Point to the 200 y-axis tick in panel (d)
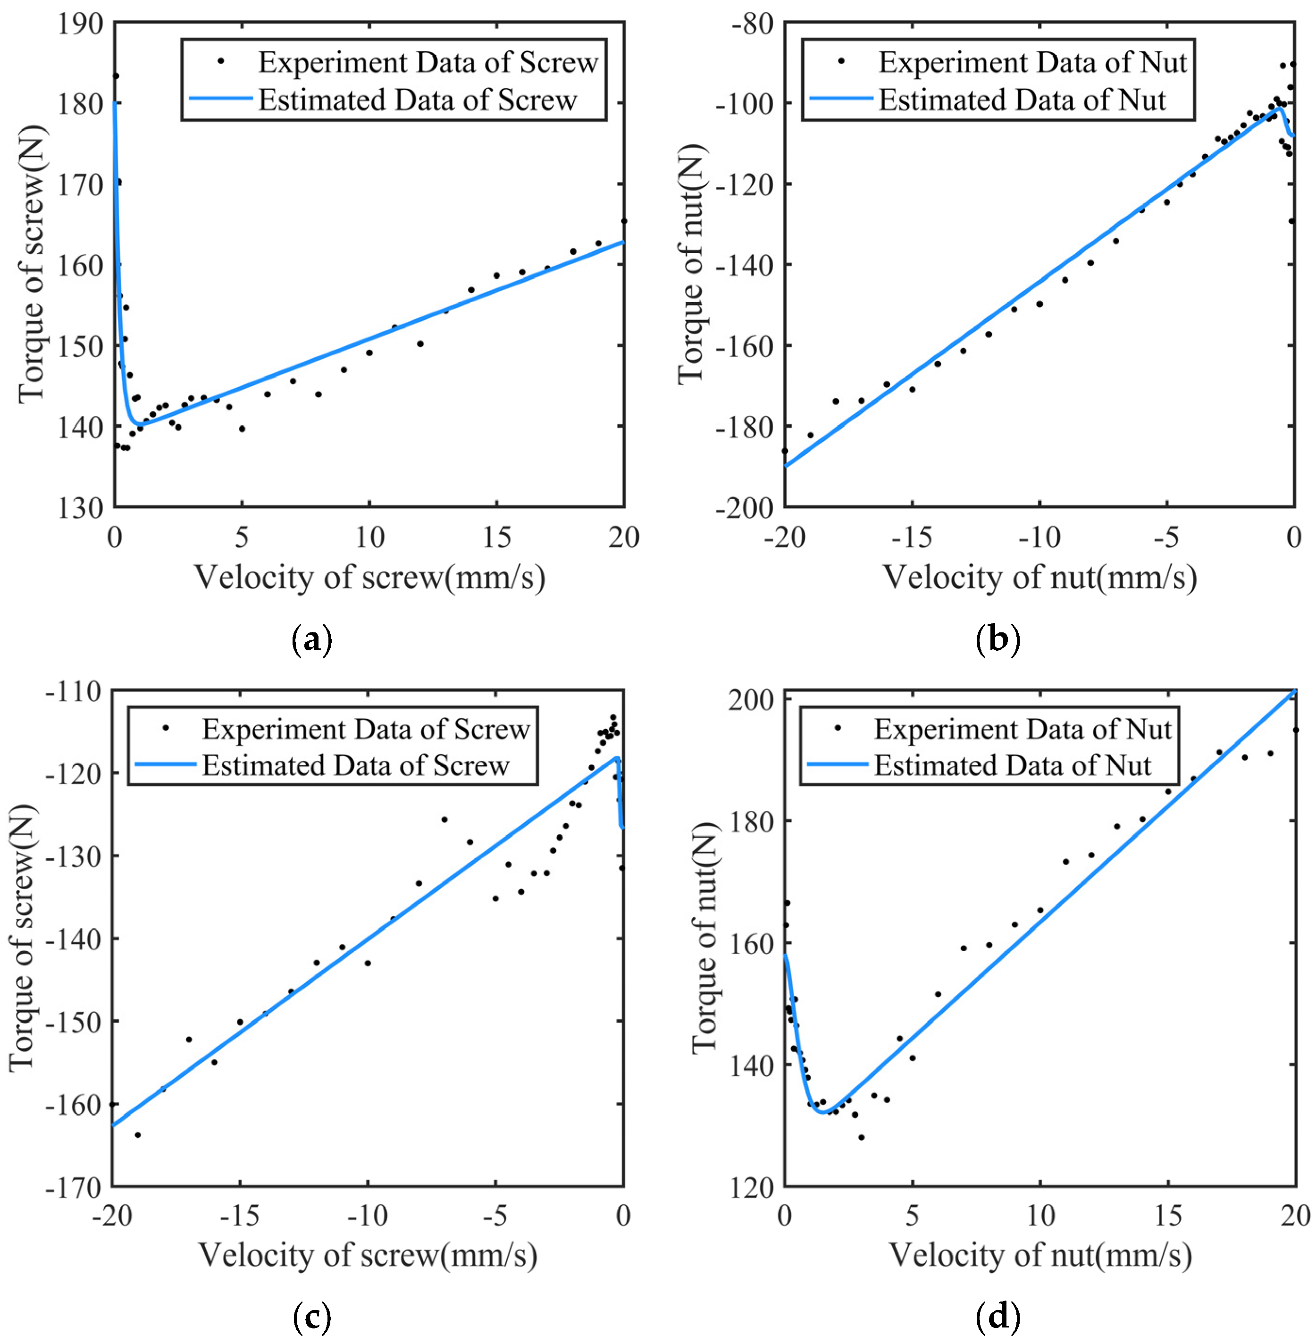point(751,700)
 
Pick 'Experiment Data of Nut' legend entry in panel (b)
point(1032,63)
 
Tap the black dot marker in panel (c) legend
point(165,728)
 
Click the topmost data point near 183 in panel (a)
point(116,76)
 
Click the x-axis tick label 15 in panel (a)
point(496,537)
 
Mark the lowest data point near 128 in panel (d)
point(861,1137)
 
